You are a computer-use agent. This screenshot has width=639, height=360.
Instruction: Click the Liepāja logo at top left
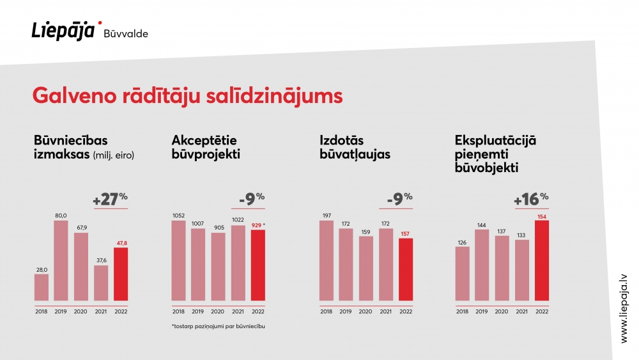click(66, 31)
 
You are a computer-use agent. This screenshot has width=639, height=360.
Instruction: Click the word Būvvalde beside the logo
click(126, 33)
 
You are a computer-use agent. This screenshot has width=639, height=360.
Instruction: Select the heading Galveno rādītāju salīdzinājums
click(187, 96)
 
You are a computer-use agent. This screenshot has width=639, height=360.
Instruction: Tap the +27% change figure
click(110, 199)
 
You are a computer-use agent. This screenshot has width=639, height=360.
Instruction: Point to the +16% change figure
click(531, 199)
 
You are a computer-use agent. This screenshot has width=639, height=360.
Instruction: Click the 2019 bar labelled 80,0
click(61, 260)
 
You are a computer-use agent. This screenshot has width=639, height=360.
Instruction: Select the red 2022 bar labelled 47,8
click(121, 274)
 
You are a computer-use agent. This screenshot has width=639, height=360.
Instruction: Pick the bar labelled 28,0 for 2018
click(41, 288)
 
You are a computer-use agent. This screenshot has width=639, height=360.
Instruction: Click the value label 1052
click(178, 215)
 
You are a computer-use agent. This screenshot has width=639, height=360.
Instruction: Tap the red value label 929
click(256, 225)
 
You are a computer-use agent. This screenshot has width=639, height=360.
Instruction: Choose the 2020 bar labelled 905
click(218, 267)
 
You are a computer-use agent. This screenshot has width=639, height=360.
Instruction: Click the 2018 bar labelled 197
click(327, 260)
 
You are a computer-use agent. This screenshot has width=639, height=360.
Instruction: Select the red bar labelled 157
click(406, 269)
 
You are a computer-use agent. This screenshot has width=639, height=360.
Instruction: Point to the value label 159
click(366, 231)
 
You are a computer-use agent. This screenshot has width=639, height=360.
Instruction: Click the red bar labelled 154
click(542, 260)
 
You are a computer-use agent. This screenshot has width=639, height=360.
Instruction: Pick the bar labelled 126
click(462, 274)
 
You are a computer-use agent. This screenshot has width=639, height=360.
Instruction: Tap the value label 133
click(521, 235)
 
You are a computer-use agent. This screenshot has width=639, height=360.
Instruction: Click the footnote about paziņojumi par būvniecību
click(219, 326)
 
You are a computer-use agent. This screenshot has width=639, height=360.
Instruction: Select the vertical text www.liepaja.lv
click(624, 309)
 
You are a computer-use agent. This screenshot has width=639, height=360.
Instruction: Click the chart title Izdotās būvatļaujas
click(355, 147)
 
